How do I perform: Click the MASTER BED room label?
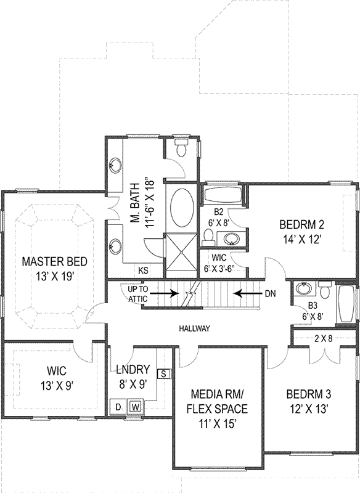(x=48, y=261)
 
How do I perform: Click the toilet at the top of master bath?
(x=181, y=149)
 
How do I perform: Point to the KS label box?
(x=143, y=271)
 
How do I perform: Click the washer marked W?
(x=134, y=407)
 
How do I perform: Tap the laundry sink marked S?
(x=164, y=373)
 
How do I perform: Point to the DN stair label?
(x=269, y=294)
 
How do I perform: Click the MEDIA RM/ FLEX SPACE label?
(x=219, y=401)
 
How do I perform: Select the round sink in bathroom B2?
(x=232, y=238)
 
